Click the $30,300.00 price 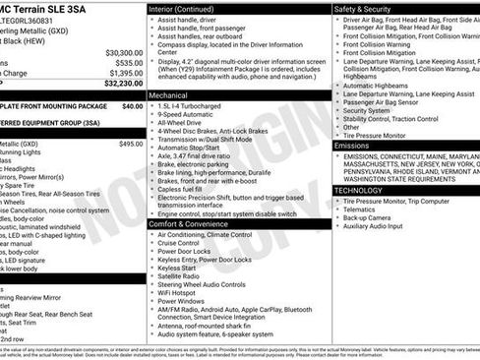point(124,51)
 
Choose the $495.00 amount point(130,144)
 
